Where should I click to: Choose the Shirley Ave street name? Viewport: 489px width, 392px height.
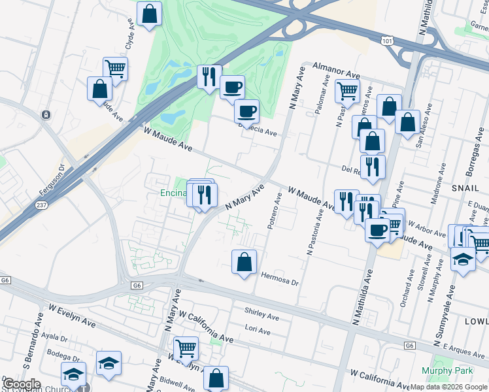coord(261,314)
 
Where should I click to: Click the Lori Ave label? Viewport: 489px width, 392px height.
coord(257,331)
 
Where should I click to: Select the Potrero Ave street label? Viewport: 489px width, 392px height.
coord(273,210)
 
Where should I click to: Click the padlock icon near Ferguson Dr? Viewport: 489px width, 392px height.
coord(46,115)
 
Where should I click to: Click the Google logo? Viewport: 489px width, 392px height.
coord(22,384)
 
